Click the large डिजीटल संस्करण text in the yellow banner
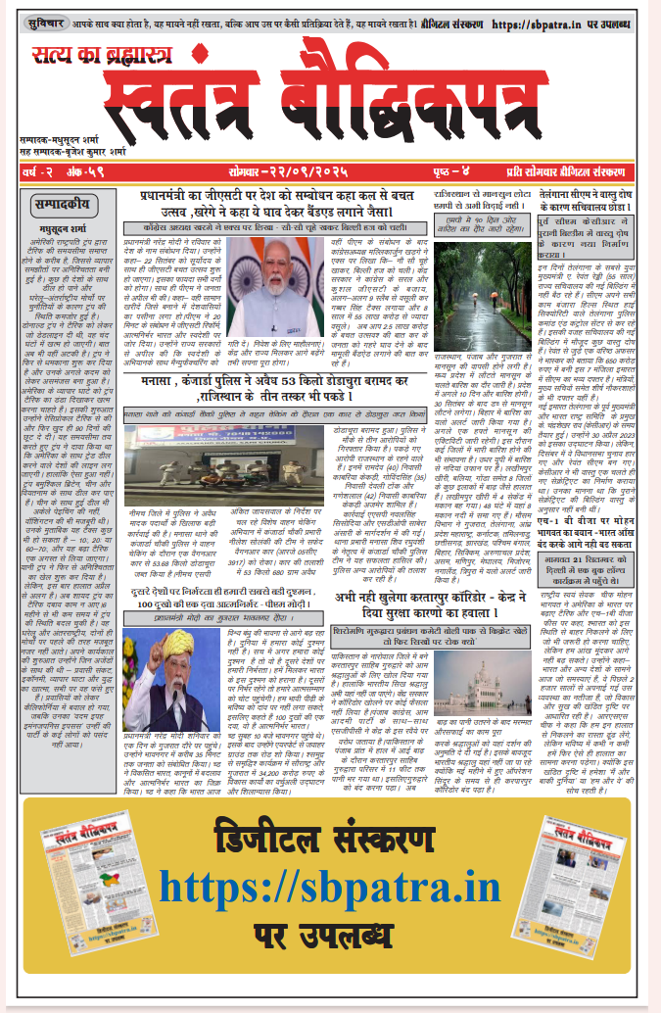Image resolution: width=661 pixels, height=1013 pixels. pos(330,843)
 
